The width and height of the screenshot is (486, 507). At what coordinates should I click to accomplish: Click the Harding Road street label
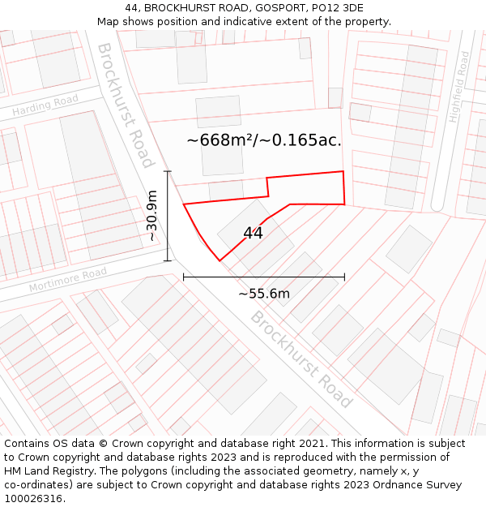point(45,105)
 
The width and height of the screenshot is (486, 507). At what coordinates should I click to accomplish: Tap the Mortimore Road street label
point(68,281)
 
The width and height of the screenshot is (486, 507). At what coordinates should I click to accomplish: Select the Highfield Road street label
point(459,87)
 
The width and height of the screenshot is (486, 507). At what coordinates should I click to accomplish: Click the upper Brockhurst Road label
point(125,105)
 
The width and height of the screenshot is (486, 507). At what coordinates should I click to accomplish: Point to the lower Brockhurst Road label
point(301,359)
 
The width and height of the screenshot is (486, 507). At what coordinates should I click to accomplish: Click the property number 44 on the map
point(253,234)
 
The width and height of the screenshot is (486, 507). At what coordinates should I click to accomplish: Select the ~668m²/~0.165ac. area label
point(264,140)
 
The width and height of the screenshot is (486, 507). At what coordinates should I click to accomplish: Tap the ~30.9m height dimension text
point(151,216)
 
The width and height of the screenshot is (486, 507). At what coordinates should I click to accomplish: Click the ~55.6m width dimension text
point(263,294)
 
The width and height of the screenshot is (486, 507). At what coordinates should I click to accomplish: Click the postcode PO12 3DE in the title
point(330,8)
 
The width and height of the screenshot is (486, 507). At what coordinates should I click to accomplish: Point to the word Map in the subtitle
point(109,21)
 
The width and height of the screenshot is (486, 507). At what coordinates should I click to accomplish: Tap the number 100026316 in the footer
point(33,499)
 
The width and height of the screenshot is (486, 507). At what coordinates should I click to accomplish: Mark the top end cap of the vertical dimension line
point(168,171)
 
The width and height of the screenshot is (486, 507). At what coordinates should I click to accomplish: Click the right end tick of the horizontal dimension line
point(344,277)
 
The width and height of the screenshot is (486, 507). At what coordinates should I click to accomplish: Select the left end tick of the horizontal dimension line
point(184,277)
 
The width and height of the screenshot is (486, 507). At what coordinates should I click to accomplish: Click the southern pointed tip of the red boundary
point(220,260)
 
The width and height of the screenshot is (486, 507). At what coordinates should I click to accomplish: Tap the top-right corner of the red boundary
point(343,171)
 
